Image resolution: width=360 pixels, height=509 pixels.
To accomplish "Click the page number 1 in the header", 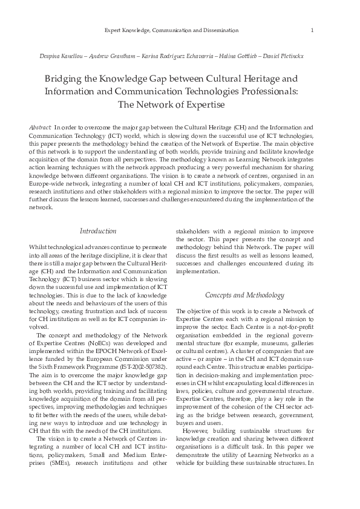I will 311,30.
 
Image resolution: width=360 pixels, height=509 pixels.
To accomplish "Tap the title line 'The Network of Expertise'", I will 180,104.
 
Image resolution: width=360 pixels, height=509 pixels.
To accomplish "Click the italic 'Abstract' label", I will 40,128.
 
